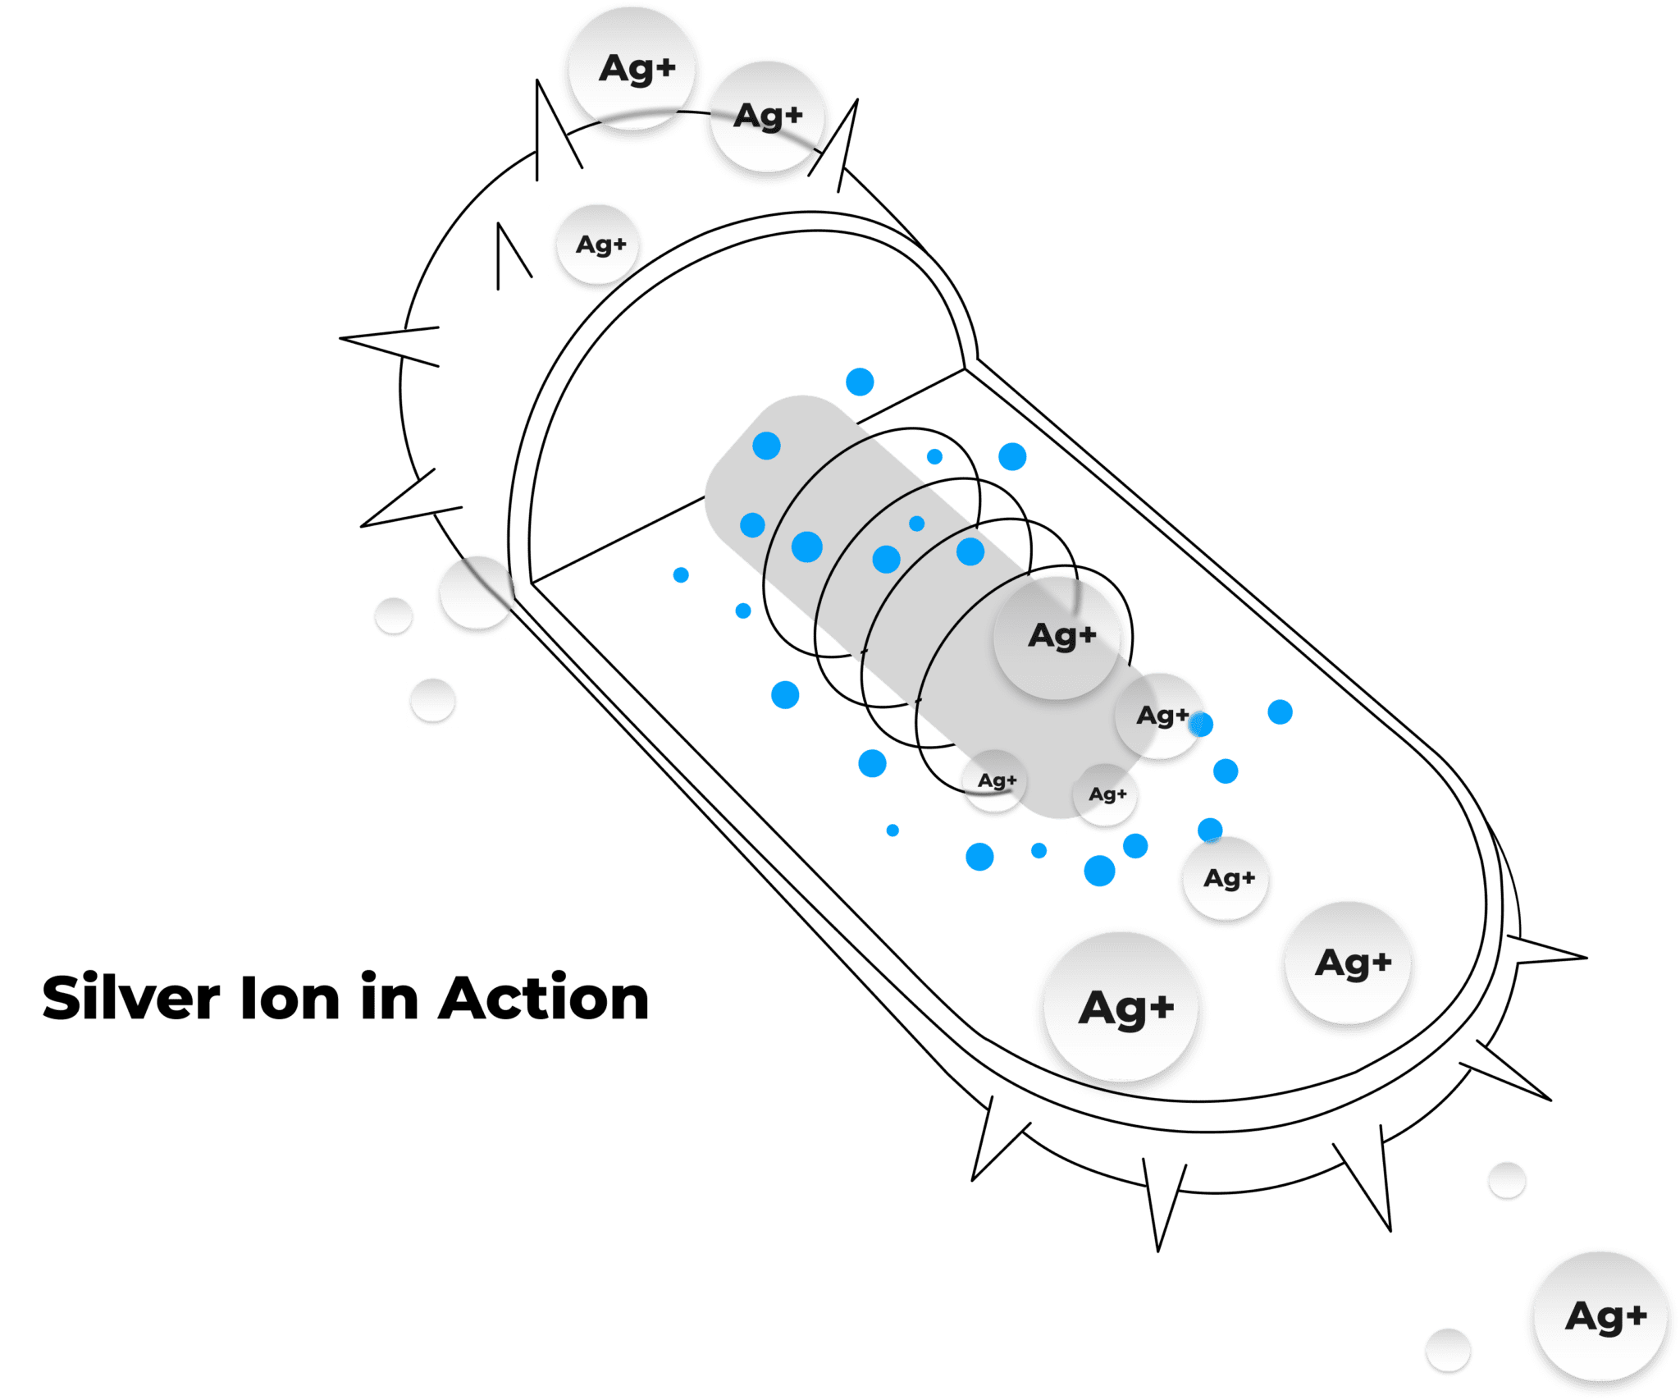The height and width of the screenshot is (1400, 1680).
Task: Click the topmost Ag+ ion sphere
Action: [632, 69]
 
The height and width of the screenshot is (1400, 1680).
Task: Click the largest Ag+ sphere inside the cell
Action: [1121, 1008]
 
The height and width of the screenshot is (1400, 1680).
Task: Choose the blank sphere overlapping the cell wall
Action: [477, 592]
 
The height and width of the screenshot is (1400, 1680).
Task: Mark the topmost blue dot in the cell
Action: [860, 382]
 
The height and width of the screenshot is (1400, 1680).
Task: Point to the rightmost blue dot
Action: [1280, 711]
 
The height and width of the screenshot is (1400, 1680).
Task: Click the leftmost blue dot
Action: [680, 574]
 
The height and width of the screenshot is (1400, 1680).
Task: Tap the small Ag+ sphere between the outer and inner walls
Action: [598, 245]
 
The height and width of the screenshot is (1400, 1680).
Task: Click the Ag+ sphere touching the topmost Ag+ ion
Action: [766, 117]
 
